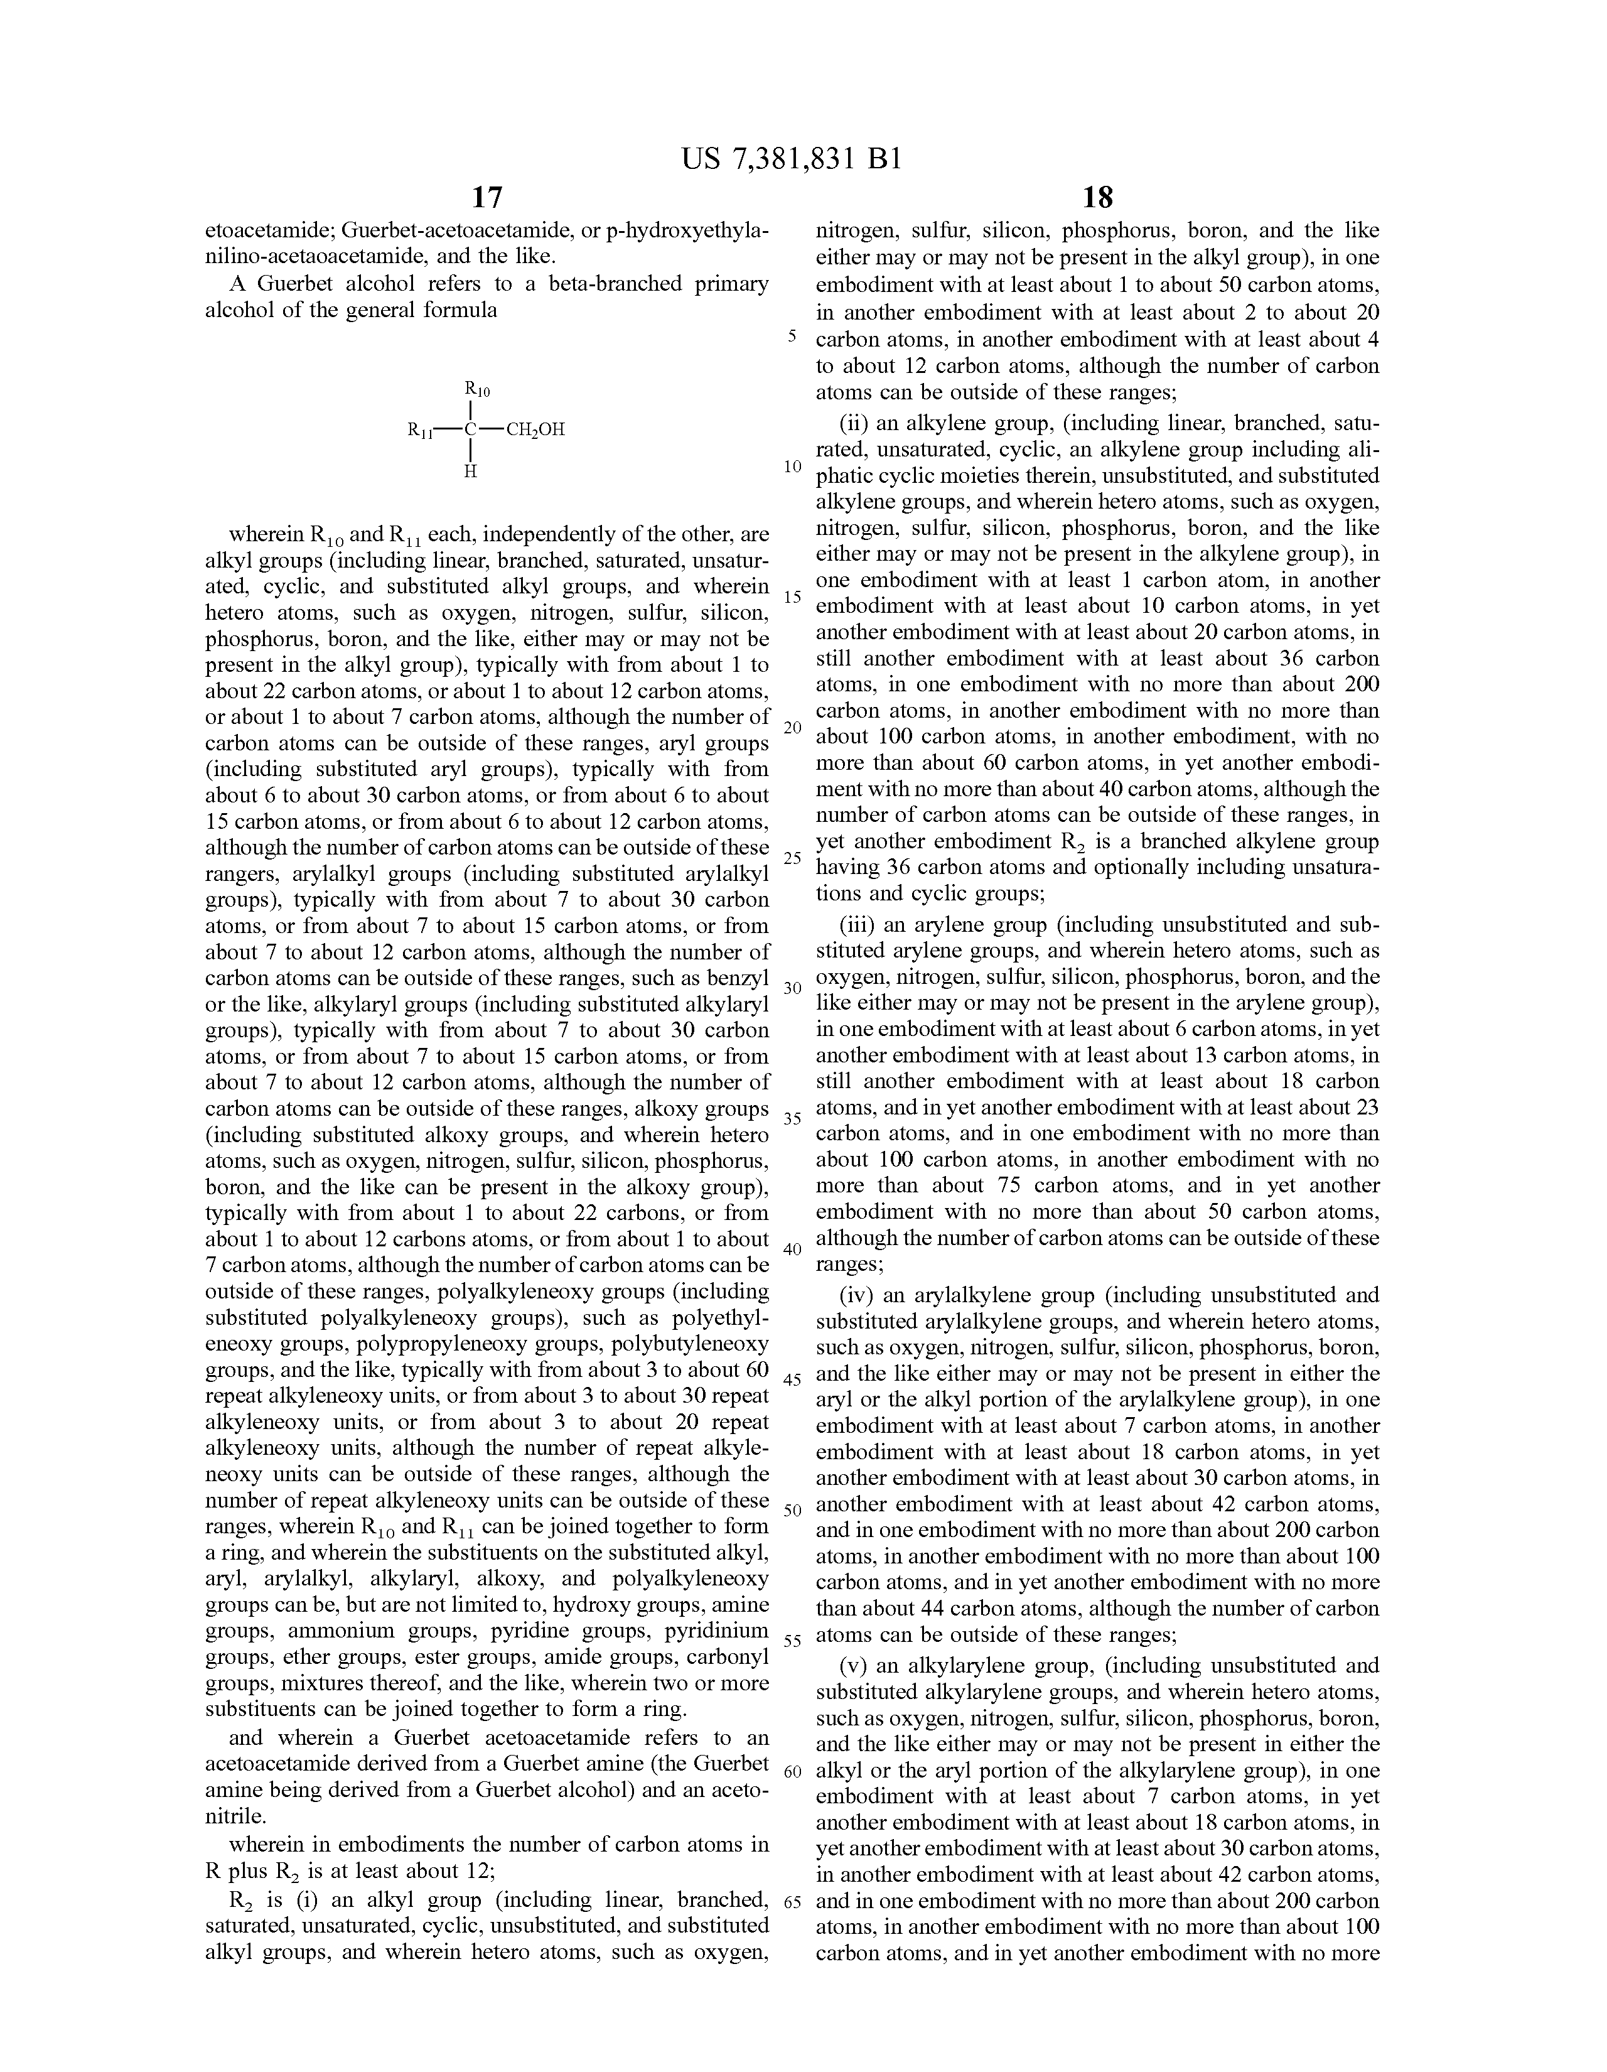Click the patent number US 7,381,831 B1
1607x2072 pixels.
[x=790, y=158]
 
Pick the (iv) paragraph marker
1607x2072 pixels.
[x=859, y=1295]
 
